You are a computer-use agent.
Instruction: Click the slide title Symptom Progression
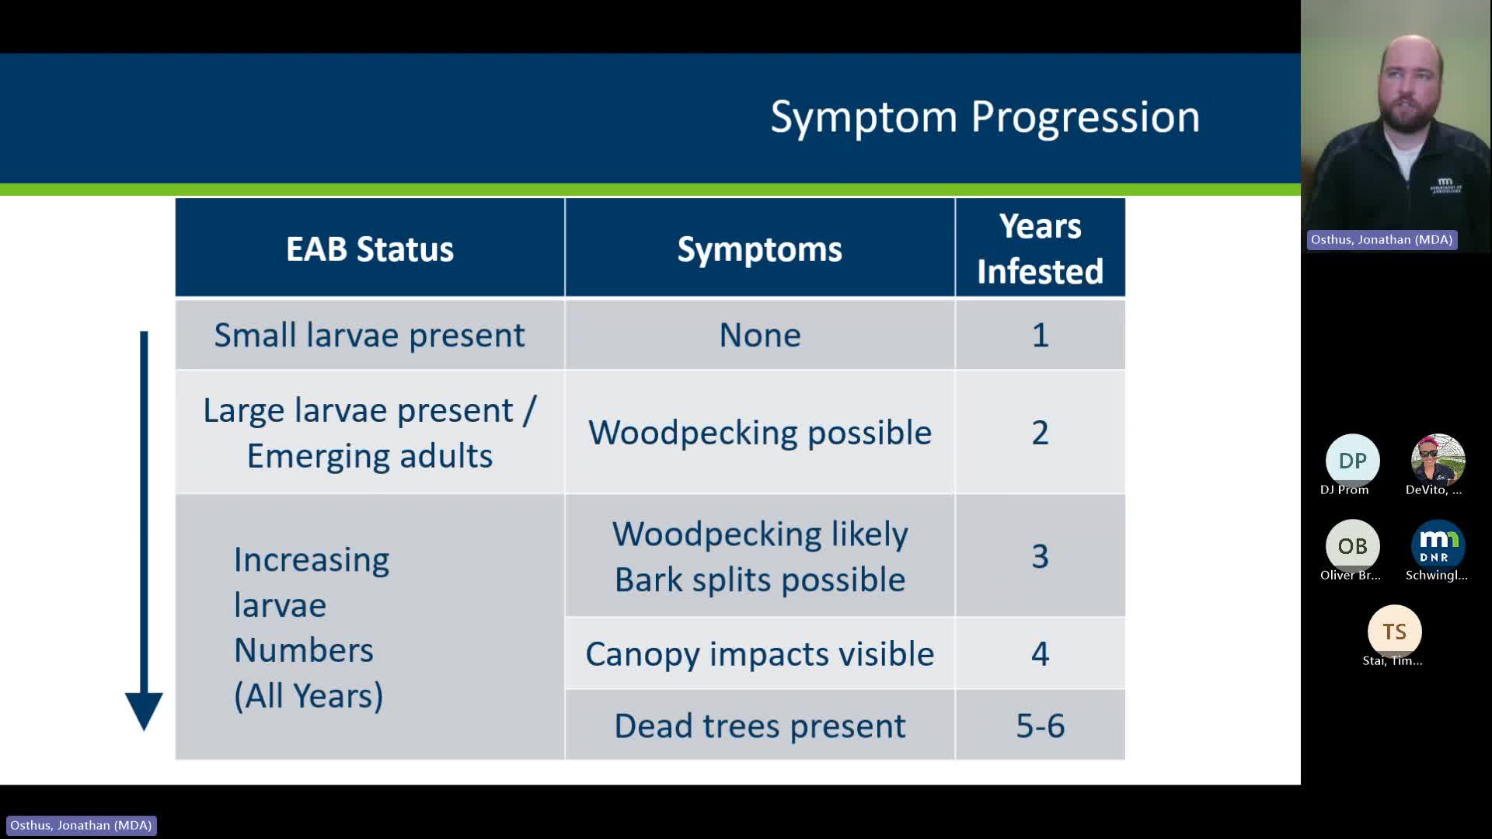tap(984, 117)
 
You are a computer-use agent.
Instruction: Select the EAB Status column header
tap(370, 249)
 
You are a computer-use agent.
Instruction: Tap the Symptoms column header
tap(759, 249)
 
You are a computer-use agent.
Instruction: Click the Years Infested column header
tap(1040, 249)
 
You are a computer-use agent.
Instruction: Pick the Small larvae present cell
tap(370, 335)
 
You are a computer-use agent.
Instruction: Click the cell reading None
tap(759, 335)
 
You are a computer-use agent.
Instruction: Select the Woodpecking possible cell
tap(759, 433)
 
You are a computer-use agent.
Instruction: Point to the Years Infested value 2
tap(1040, 433)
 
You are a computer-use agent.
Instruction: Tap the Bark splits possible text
tap(759, 580)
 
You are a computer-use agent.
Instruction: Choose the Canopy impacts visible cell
tap(759, 654)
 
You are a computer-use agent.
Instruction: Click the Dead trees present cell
tap(759, 726)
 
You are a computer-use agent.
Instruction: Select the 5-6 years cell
tap(1040, 726)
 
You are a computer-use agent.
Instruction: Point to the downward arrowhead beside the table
tap(144, 708)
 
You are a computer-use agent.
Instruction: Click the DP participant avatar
tap(1352, 461)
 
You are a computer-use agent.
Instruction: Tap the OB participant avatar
tap(1352, 546)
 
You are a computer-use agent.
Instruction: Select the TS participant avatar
tap(1394, 632)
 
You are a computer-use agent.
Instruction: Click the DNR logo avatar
tap(1438, 546)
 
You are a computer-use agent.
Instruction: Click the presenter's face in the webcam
tap(1409, 85)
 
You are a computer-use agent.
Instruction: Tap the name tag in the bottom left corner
tap(81, 825)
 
